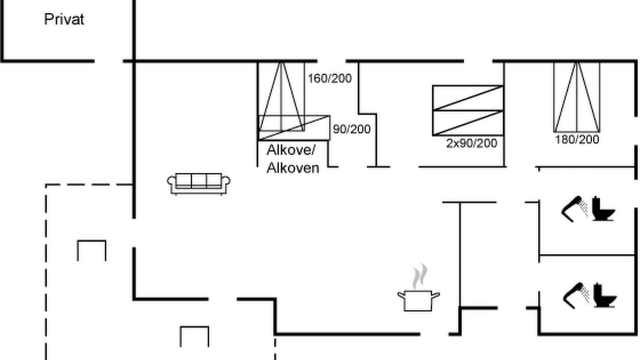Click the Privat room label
[64, 19]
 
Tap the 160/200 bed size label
[329, 78]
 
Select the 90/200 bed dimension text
[351, 129]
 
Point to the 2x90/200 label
[471, 143]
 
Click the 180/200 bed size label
[577, 139]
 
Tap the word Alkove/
[291, 150]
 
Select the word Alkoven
[293, 167]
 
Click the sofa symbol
[199, 184]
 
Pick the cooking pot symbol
[418, 300]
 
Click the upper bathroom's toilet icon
[603, 208]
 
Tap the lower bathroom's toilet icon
[604, 295]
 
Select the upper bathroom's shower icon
[575, 209]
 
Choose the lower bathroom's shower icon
[576, 295]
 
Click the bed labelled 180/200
[577, 97]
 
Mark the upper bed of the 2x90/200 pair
[467, 97]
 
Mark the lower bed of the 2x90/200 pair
[467, 123]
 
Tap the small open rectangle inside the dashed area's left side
[91, 241]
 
